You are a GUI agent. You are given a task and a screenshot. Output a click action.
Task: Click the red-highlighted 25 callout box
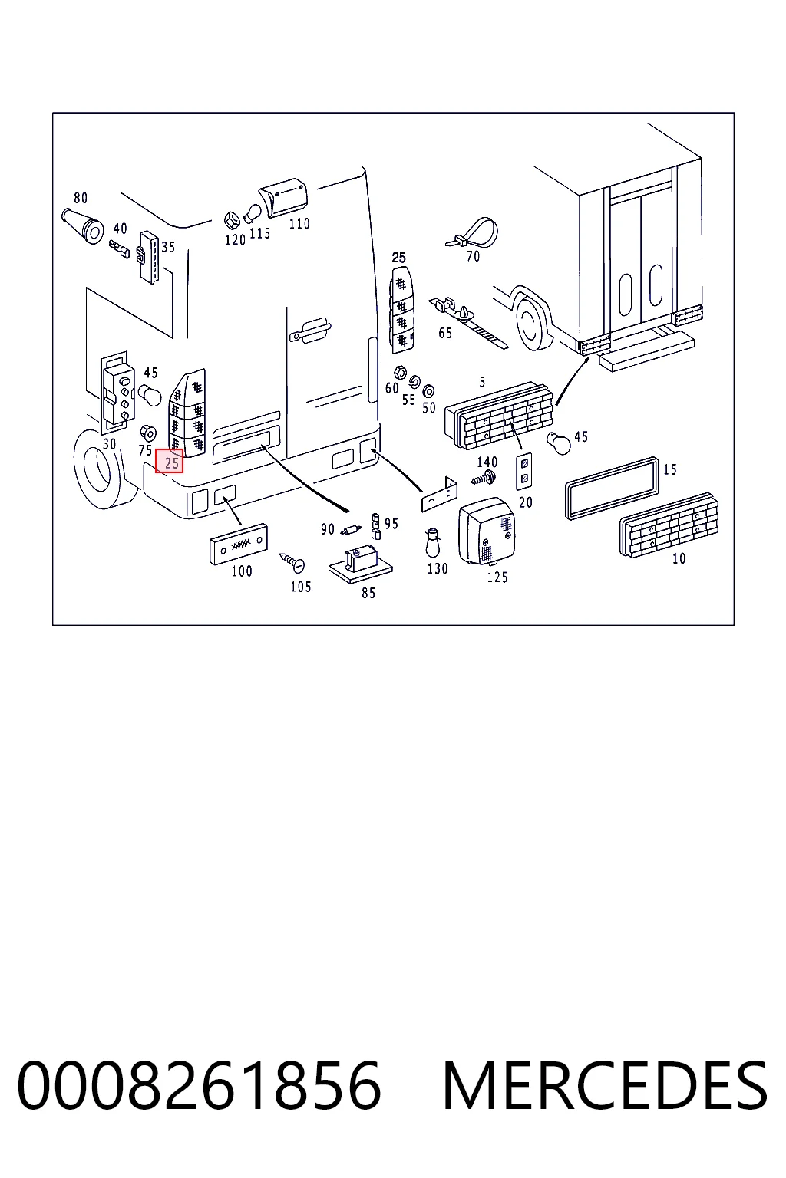click(169, 461)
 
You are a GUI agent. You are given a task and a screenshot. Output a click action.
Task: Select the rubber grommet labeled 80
click(82, 225)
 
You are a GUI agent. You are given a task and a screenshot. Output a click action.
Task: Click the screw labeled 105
click(292, 561)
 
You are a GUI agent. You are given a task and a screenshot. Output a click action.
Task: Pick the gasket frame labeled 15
click(611, 488)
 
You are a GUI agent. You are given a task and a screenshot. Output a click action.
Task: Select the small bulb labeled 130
click(434, 541)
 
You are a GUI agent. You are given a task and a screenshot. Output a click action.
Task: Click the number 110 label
click(299, 223)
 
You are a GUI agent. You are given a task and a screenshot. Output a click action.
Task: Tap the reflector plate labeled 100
click(239, 544)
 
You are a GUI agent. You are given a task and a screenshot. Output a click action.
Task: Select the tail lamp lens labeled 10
click(669, 525)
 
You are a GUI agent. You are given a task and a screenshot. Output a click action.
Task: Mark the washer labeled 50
click(428, 391)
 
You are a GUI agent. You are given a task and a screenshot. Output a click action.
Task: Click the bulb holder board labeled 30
click(117, 393)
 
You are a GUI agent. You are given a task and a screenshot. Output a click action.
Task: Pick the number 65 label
click(445, 333)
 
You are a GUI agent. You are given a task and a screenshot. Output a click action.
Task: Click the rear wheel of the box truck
click(533, 324)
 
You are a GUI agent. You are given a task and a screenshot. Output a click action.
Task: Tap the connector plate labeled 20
click(523, 471)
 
